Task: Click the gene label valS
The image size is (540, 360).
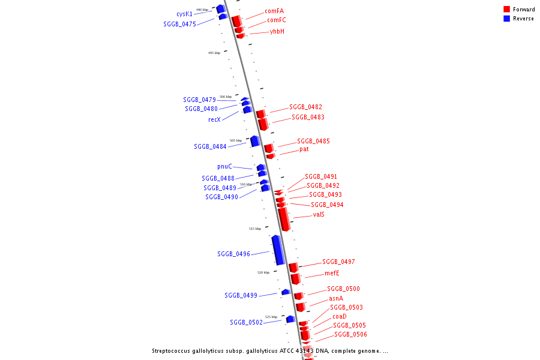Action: tap(319, 214)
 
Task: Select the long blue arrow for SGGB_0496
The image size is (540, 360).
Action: tap(277, 250)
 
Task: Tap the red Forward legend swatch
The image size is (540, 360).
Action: tap(507, 10)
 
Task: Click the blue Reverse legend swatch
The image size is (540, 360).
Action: tap(507, 19)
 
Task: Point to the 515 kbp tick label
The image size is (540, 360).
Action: tap(255, 229)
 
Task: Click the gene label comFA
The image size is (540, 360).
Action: tap(274, 11)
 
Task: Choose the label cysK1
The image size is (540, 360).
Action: tap(184, 14)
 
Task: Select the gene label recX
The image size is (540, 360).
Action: tap(214, 119)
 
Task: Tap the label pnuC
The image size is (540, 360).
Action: tap(224, 166)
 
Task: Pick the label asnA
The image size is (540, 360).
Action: tap(336, 298)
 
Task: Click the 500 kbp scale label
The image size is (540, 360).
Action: tap(225, 97)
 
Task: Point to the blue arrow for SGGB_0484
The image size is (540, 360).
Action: tap(254, 142)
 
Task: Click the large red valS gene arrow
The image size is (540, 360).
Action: tap(284, 219)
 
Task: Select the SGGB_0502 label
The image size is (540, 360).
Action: tap(246, 322)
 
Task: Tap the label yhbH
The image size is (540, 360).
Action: tap(277, 31)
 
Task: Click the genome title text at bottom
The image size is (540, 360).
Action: tap(270, 350)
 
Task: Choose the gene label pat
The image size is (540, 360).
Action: tap(304, 149)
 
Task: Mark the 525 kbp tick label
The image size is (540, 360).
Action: tap(271, 317)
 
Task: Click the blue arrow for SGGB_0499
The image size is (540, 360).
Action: tap(286, 292)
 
